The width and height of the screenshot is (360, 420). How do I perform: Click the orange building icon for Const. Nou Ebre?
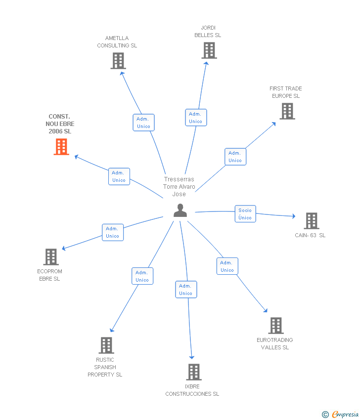pyautogui.click(x=61, y=147)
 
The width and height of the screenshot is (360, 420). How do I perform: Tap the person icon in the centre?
pyautogui.click(x=180, y=210)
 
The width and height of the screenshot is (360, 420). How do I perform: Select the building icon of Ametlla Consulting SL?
pyautogui.click(x=118, y=61)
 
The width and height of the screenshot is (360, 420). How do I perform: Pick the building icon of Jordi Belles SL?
pyautogui.click(x=209, y=50)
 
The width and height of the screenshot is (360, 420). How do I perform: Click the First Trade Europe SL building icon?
pyautogui.click(x=287, y=111)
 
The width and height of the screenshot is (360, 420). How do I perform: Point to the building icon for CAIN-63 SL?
pyautogui.click(x=311, y=221)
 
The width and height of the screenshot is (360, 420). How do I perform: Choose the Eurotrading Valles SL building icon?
pyautogui.click(x=275, y=326)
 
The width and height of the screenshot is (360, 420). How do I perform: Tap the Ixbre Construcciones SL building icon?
pyautogui.click(x=193, y=372)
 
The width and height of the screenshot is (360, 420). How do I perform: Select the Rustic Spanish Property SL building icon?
pyautogui.click(x=106, y=345)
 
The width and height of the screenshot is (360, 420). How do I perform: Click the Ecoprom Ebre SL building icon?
pyautogui.click(x=50, y=257)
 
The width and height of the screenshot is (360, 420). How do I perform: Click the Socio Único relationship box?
pyautogui.click(x=245, y=214)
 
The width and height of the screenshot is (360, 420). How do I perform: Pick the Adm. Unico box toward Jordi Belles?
pyautogui.click(x=195, y=118)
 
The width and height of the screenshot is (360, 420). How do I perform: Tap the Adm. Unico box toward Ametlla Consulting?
pyautogui.click(x=143, y=123)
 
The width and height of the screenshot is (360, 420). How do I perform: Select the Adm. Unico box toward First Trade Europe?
pyautogui.click(x=235, y=157)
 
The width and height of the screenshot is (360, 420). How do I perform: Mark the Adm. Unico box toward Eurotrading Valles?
pyautogui.click(x=227, y=266)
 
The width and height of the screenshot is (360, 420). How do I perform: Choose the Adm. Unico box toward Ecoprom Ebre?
pyautogui.click(x=113, y=232)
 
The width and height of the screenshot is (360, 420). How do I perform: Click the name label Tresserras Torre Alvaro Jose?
pyautogui.click(x=179, y=187)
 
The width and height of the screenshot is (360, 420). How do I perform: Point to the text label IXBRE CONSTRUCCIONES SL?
pyautogui.click(x=192, y=390)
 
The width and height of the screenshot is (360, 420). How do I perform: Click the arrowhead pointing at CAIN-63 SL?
pyautogui.click(x=293, y=216)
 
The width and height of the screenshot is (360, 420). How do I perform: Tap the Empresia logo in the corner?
pyautogui.click(x=340, y=414)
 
